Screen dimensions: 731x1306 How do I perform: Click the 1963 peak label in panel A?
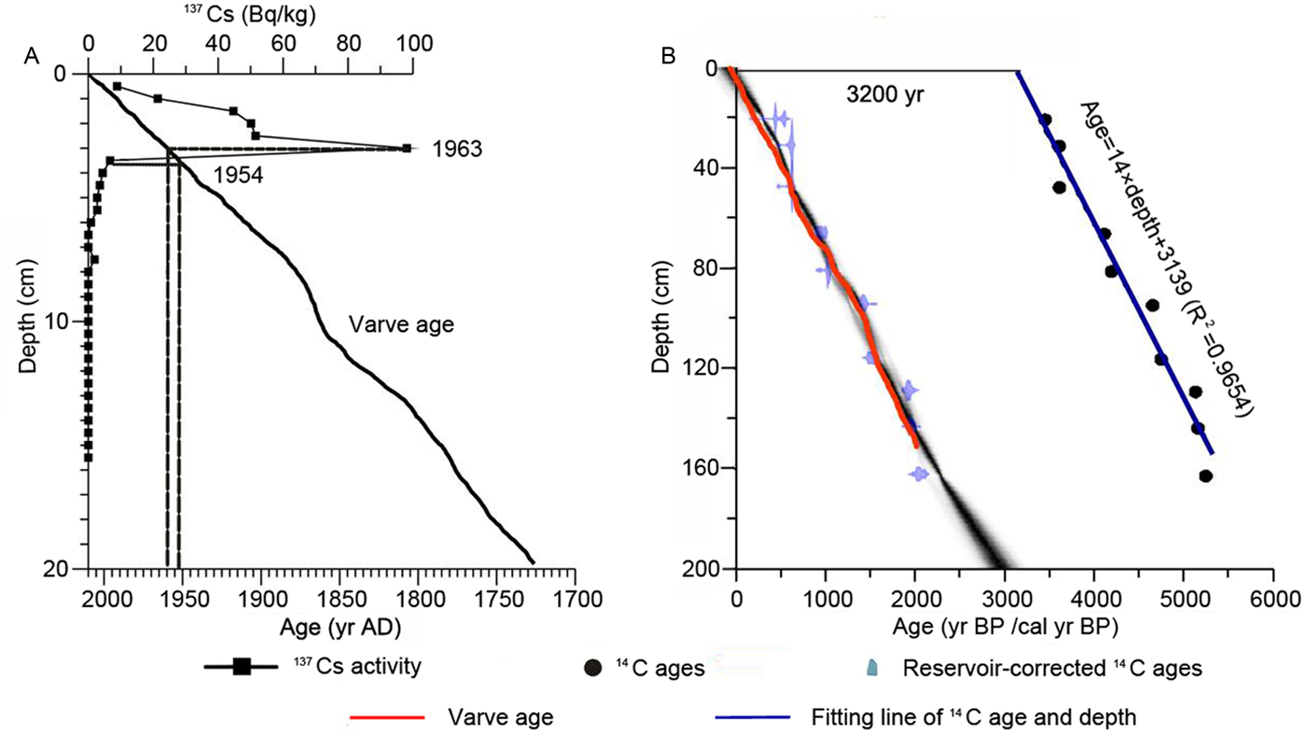click(457, 150)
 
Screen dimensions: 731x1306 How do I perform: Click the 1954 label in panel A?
click(237, 175)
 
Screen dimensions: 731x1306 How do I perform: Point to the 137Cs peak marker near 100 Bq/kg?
click(407, 148)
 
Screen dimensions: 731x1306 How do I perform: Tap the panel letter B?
click(668, 57)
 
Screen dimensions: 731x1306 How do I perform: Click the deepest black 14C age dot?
click(1205, 476)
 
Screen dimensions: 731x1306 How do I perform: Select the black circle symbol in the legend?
click(590, 669)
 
